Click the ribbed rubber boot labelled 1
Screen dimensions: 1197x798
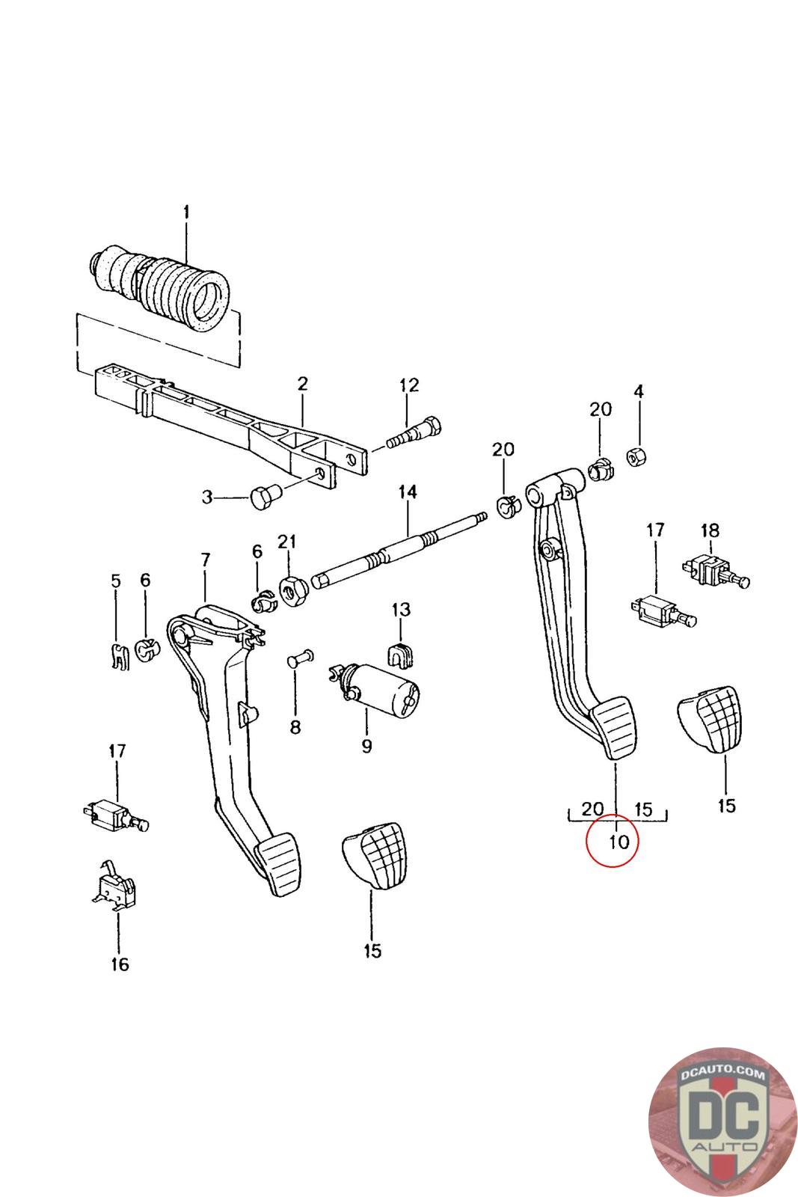pos(161,287)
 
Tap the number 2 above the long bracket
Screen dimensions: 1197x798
pos(302,384)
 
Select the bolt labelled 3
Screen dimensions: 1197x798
pos(263,497)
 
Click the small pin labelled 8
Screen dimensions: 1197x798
pos(295,661)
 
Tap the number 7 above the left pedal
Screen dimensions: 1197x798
pos(206,560)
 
